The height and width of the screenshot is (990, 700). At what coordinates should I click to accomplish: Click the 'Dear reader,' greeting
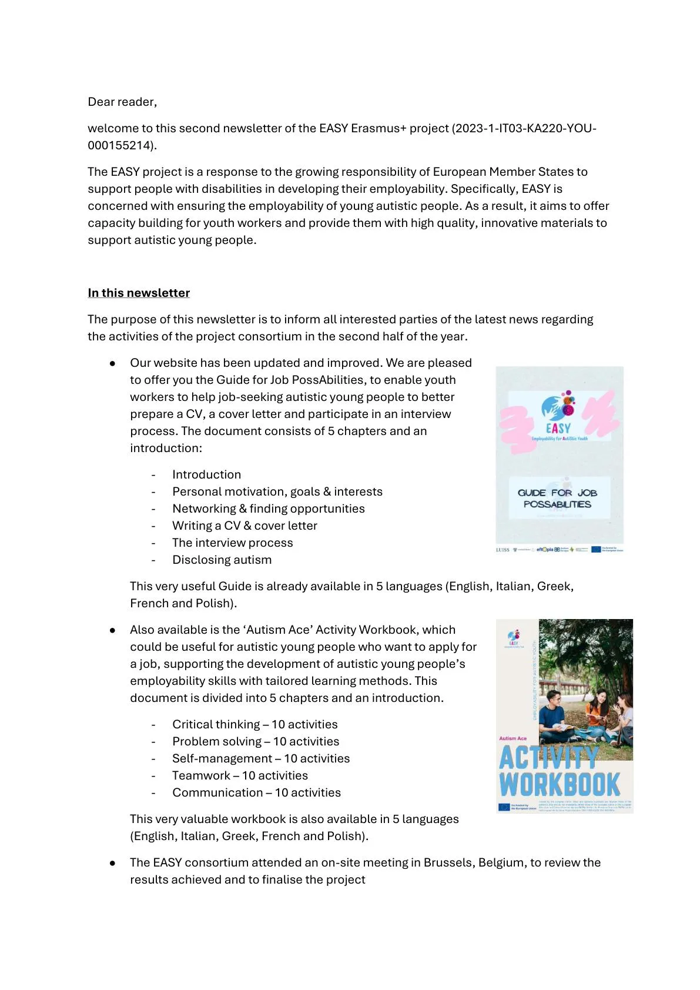[122, 102]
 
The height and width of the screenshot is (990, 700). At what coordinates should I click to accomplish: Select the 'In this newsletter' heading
[139, 293]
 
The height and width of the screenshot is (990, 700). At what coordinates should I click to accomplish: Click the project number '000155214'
[120, 145]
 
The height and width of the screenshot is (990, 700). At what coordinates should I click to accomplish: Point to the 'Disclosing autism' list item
[222, 560]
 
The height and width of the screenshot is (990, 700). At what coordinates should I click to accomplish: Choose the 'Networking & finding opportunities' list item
[268, 509]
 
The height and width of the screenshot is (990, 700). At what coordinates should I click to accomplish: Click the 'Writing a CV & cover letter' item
[245, 526]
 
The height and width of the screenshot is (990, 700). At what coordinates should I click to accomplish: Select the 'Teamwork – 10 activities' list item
[240, 775]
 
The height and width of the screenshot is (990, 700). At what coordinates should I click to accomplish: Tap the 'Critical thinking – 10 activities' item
[254, 724]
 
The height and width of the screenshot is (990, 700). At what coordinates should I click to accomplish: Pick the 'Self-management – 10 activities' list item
[261, 758]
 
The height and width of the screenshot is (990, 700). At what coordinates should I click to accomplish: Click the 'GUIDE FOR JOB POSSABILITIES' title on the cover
[557, 498]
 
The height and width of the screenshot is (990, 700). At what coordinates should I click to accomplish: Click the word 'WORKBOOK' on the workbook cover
[560, 784]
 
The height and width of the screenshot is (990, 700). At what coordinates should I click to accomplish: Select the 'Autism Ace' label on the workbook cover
[513, 738]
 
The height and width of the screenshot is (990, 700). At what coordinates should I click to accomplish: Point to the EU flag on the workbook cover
[504, 807]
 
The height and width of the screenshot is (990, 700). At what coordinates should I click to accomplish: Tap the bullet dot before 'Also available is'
[112, 630]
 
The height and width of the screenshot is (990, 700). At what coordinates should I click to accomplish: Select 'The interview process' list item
[232, 543]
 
